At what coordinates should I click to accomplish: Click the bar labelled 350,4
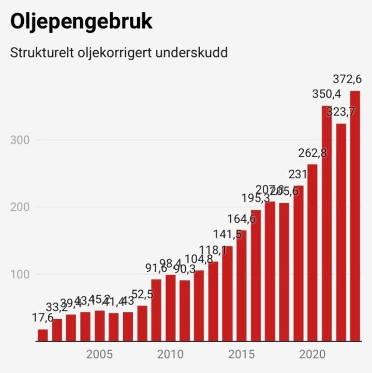click(x=326, y=223)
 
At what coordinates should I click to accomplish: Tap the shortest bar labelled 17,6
click(x=43, y=335)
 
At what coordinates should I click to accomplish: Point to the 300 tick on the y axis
click(x=20, y=140)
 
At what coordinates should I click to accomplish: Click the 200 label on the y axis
click(x=20, y=207)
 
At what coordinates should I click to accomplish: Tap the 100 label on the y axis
click(x=20, y=275)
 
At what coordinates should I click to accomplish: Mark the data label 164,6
click(x=241, y=219)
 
